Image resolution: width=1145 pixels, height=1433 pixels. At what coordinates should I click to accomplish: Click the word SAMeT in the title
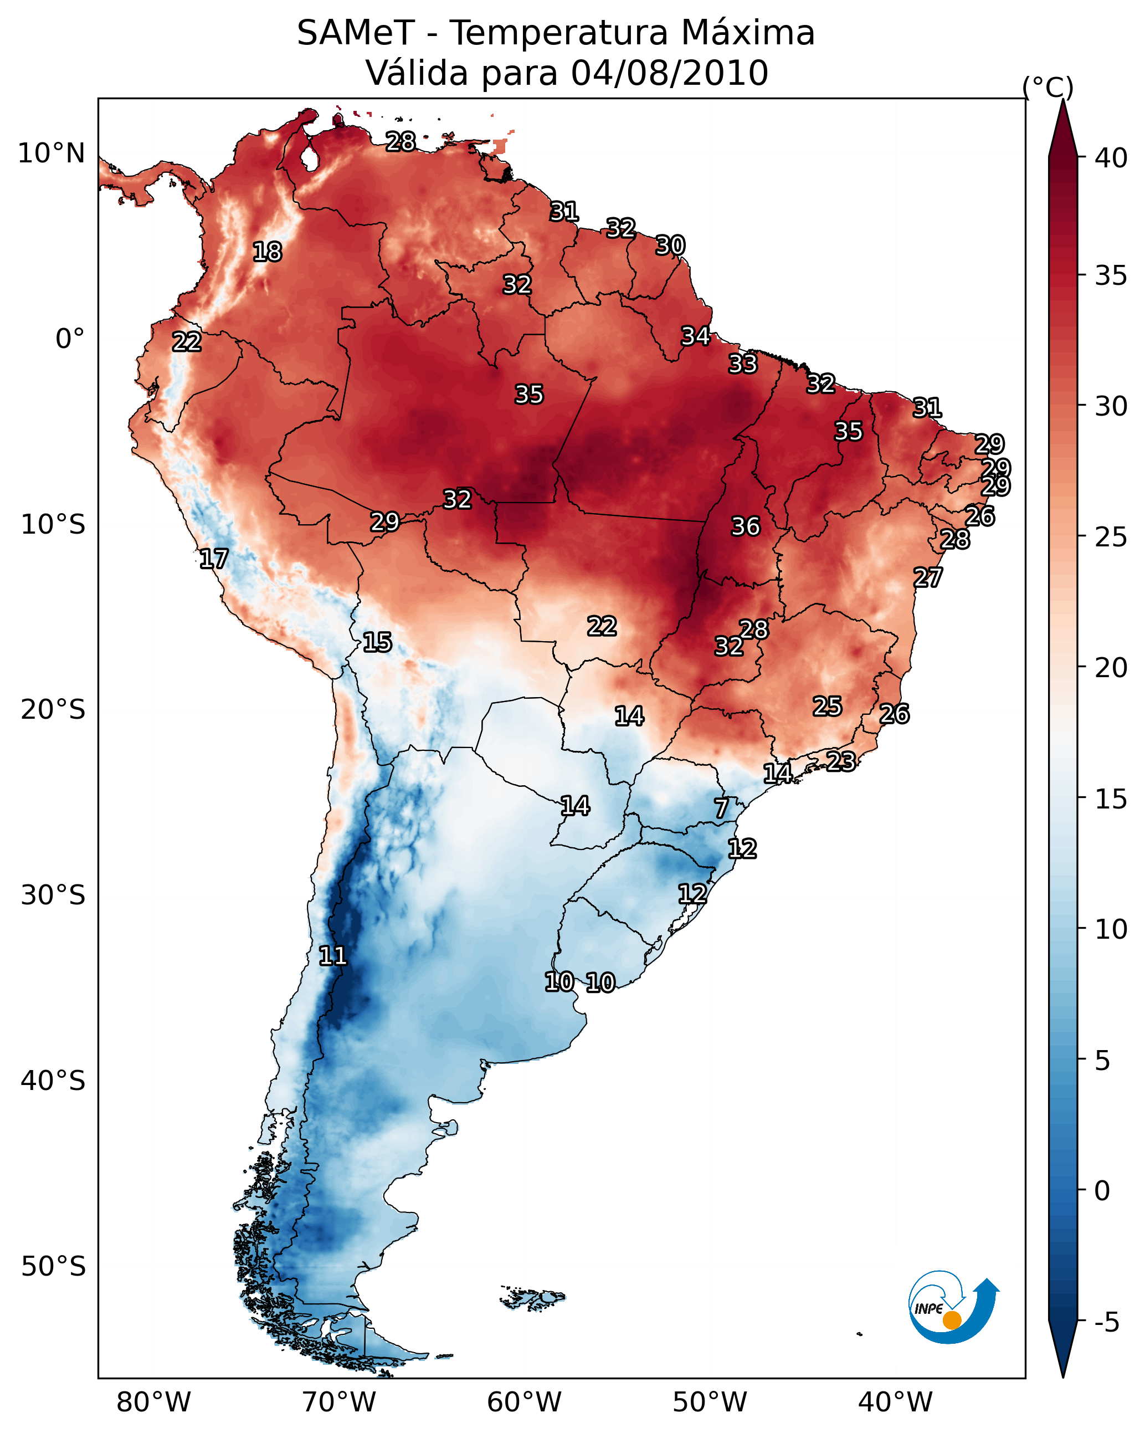[x=356, y=33]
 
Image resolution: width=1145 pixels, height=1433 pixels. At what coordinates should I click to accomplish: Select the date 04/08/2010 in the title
[x=669, y=73]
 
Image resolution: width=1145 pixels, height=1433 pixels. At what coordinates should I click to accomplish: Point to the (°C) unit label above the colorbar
[x=1048, y=87]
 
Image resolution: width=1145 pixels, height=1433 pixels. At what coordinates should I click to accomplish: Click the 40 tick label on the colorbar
[x=1111, y=158]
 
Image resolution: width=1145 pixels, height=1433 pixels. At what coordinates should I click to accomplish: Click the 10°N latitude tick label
[x=51, y=153]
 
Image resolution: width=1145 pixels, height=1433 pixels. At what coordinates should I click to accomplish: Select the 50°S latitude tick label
[x=53, y=1266]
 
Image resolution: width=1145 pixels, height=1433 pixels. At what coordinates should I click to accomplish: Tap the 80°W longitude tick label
[x=153, y=1403]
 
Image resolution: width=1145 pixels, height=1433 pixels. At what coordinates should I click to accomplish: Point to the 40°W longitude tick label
[x=895, y=1403]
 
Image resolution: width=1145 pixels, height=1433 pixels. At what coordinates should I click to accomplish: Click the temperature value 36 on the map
[x=745, y=526]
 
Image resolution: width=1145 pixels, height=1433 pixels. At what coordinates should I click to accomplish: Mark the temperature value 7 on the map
[x=722, y=808]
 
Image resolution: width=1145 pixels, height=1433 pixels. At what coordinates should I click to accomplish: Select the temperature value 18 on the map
[x=267, y=252]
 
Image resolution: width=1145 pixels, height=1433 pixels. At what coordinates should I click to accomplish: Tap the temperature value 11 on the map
[x=333, y=956]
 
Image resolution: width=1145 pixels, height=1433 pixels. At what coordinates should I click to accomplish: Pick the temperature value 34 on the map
[x=696, y=336]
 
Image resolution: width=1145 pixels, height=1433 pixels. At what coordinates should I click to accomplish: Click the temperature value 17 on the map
[x=213, y=559]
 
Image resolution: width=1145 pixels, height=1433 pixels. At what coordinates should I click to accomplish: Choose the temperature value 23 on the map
[x=841, y=761]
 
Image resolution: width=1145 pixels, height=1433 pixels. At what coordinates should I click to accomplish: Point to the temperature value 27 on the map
[x=928, y=577]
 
